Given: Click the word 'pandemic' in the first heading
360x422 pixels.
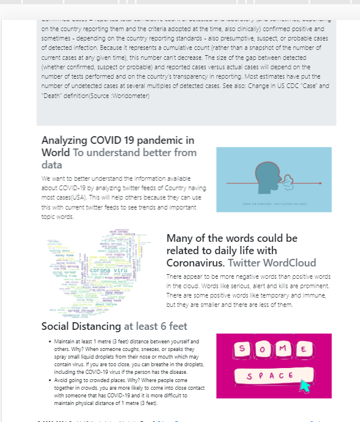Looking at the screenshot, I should pyautogui.click(x=167, y=140).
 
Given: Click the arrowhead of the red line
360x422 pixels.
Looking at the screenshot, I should pyautogui.click(x=320, y=184).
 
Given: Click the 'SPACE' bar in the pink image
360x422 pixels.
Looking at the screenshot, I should pyautogui.click(x=270, y=375).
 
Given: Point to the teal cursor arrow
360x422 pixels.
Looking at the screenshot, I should pyautogui.click(x=305, y=386).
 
